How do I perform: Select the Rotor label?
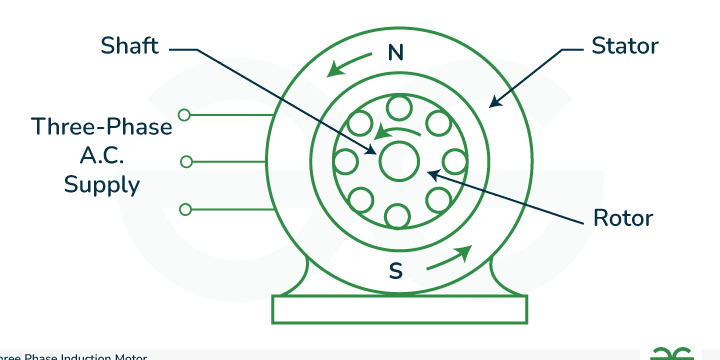[623, 217]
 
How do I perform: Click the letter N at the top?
[396, 54]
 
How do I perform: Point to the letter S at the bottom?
[396, 270]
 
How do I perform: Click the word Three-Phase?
[102, 128]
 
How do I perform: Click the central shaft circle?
[397, 161]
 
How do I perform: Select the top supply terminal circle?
[184, 114]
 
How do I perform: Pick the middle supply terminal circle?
[184, 161]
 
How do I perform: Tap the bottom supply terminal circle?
[184, 209]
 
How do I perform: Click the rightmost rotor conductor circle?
[453, 161]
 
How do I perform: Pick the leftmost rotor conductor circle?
[345, 161]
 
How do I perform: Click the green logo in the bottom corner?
[672, 352]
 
